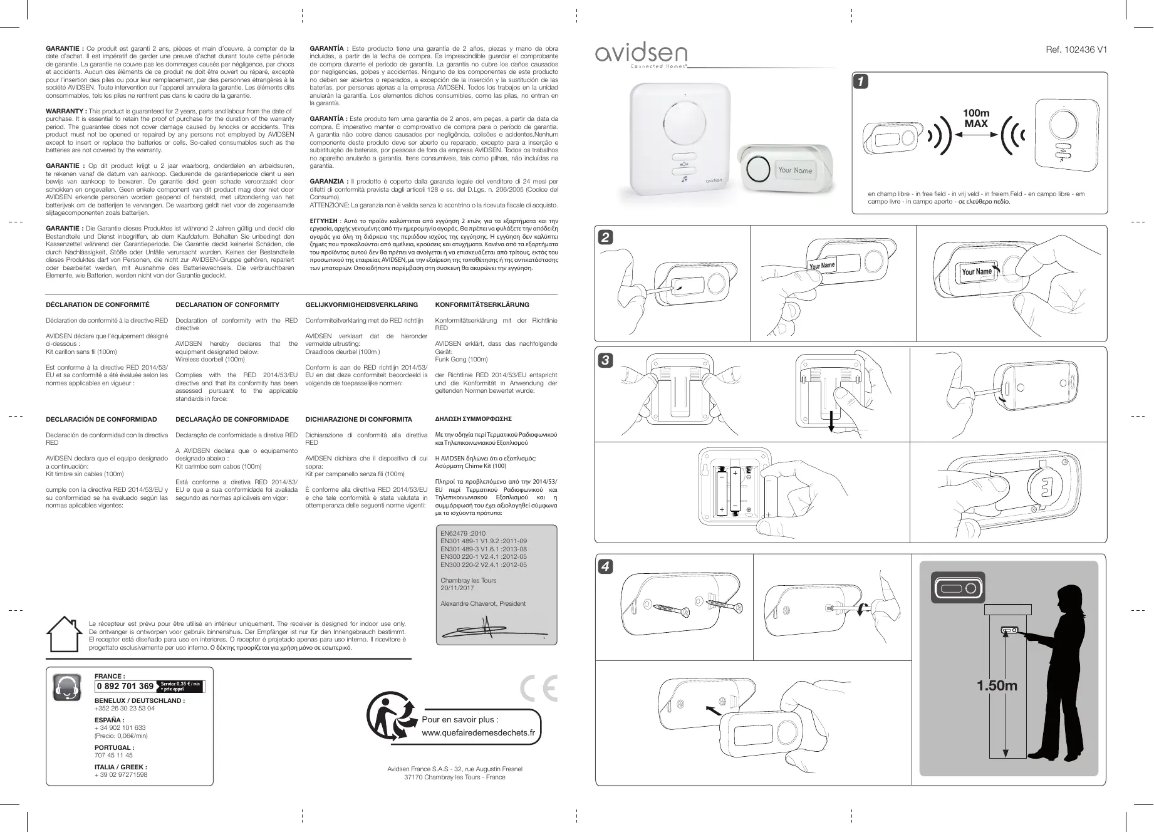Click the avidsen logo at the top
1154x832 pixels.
[x=641, y=55]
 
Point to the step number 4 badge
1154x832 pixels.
[x=605, y=566]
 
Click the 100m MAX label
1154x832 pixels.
[x=976, y=118]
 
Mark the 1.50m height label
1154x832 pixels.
[x=997, y=686]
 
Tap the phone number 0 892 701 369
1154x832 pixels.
[x=125, y=686]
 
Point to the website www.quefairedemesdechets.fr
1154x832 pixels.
[x=479, y=733]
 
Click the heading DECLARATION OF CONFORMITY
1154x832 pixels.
[x=227, y=305]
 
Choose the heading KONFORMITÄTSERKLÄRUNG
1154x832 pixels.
[x=482, y=305]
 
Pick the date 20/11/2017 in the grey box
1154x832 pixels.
[x=457, y=588]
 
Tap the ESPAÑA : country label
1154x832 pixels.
[x=109, y=720]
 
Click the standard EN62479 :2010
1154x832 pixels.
[x=463, y=534]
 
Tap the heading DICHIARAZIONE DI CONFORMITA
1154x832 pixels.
[x=358, y=420]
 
